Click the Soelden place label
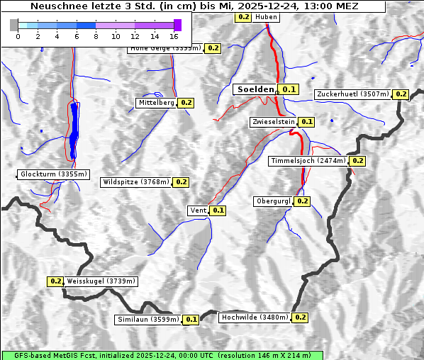coord(255,89)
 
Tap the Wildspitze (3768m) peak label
coord(136,182)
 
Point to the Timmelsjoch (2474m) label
coord(308,161)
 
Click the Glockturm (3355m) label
coord(54,174)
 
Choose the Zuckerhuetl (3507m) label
coord(352,94)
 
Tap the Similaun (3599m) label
coord(148,320)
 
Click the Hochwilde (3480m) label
coord(255,317)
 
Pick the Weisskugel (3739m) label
coord(101,281)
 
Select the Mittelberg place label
coord(156,103)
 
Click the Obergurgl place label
coord(273,201)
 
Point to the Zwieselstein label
coord(272,122)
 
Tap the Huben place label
coord(266,16)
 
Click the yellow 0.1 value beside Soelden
coord(289,89)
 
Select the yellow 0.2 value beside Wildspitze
coord(181,182)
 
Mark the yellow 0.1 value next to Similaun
coord(191,320)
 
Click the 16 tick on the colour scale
coord(174,35)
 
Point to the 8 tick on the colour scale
coord(96,35)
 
